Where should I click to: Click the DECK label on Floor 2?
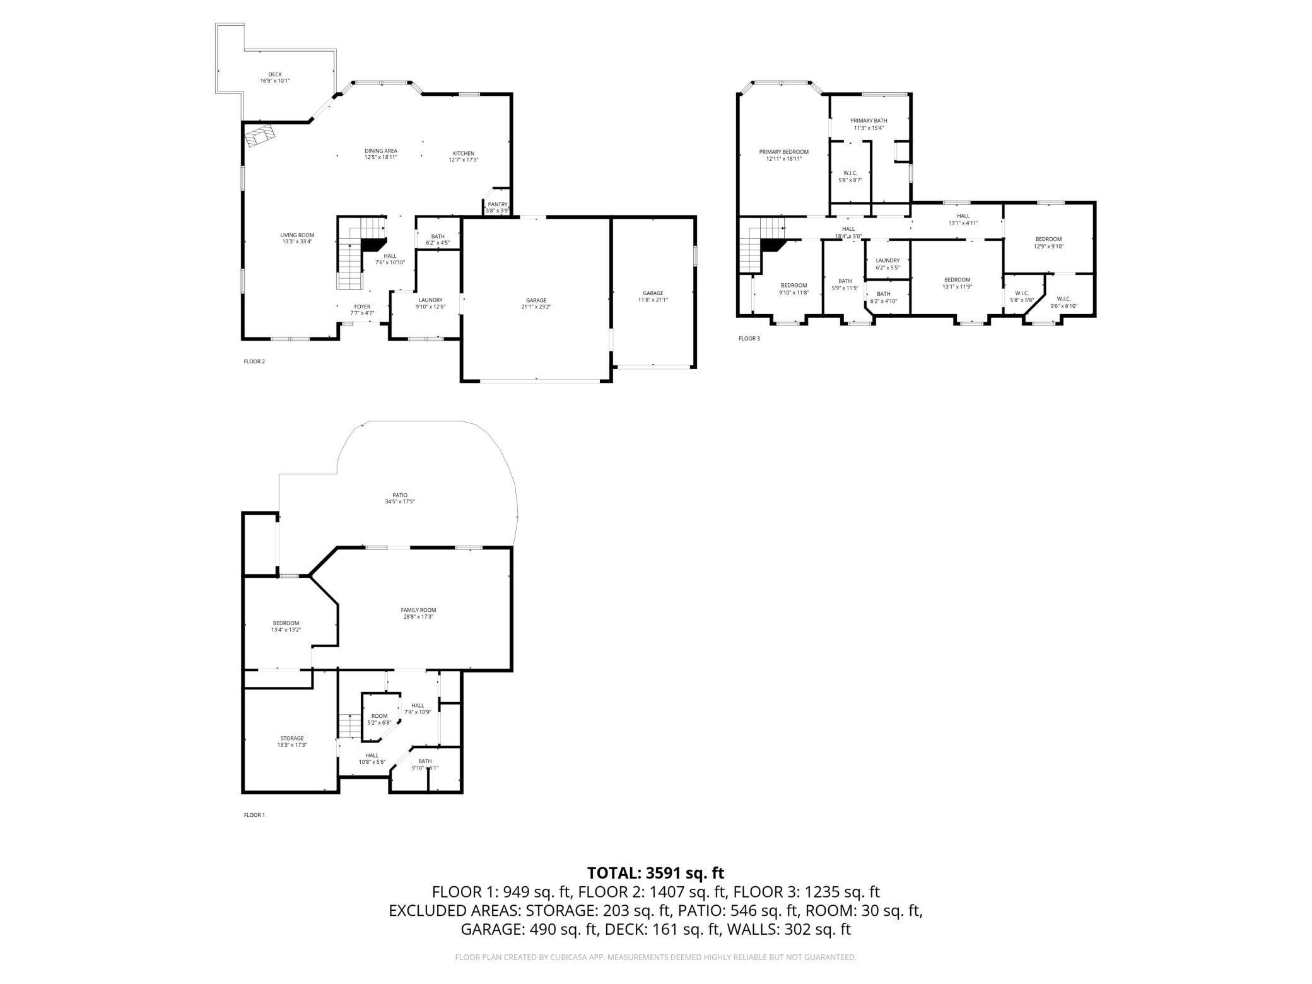[275, 74]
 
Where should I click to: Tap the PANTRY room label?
[497, 204]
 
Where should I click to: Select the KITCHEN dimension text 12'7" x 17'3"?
[464, 160]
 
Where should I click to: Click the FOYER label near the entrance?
[362, 307]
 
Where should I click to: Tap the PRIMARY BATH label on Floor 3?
[869, 120]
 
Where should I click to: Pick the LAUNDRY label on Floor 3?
[887, 261]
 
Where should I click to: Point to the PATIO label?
[400, 495]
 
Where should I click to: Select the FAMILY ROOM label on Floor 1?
[418, 610]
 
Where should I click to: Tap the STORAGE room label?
[292, 738]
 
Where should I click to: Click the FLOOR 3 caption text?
[749, 339]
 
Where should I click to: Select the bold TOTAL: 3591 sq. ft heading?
[655, 873]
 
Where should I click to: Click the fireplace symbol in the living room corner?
[261, 136]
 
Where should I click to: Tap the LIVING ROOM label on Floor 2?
[297, 235]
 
